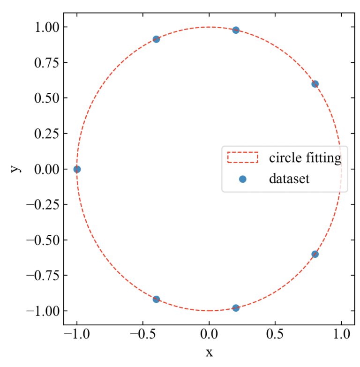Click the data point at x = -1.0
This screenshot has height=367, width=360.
[x=77, y=169]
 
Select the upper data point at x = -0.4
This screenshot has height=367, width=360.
[x=156, y=39]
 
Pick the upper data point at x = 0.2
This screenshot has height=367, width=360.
[x=236, y=30]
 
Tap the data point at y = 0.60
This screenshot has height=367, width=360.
[x=315, y=84]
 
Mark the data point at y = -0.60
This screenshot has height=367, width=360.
[x=315, y=254]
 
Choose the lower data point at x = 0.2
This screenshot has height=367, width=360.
[x=236, y=308]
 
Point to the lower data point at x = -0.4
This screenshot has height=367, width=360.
[x=156, y=299]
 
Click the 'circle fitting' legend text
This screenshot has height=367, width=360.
[x=305, y=158]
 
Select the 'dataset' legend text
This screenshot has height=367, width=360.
[x=289, y=179]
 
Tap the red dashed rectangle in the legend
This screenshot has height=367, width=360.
[x=243, y=157]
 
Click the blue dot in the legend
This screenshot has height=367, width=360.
[x=243, y=179]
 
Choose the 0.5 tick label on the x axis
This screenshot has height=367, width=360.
[x=275, y=335]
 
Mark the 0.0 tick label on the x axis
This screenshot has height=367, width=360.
[x=209, y=335]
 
